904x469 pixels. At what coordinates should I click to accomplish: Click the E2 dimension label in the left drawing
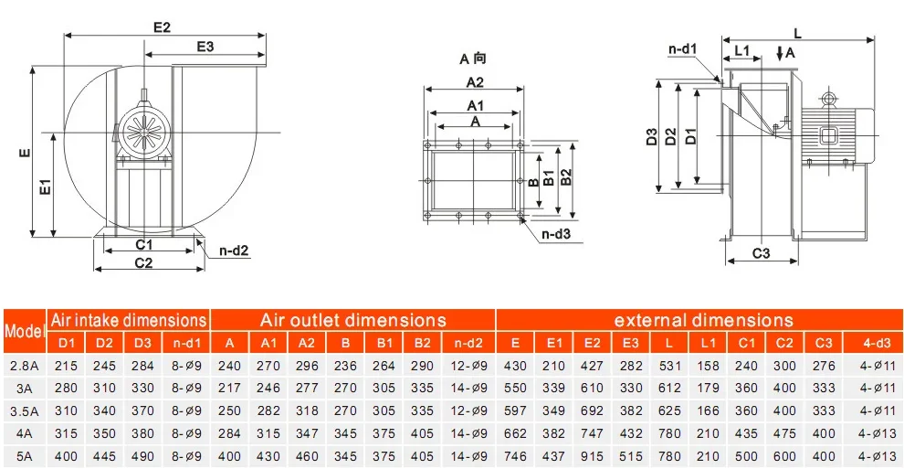click(x=162, y=27)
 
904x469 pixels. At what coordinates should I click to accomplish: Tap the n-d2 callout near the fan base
click(x=234, y=250)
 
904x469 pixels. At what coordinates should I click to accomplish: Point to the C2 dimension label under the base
click(x=143, y=263)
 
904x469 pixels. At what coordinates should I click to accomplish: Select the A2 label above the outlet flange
click(x=475, y=82)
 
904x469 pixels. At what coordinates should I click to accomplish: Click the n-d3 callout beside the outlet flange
click(x=556, y=234)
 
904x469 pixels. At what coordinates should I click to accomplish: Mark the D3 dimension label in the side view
click(x=651, y=137)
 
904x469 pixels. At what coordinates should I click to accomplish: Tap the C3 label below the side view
click(x=761, y=252)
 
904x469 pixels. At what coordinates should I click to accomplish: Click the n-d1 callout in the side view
click(x=683, y=49)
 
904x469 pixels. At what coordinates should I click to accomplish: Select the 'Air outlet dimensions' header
click(x=352, y=320)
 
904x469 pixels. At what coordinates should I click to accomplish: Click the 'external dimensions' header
click(x=703, y=320)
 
